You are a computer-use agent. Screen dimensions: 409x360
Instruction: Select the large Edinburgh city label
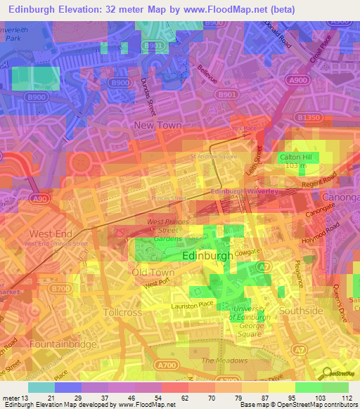coord(207,257)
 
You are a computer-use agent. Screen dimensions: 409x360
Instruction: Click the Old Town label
coord(153,272)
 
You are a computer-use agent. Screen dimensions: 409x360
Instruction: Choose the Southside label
coord(300,310)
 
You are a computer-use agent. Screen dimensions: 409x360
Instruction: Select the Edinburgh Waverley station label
coord(245,192)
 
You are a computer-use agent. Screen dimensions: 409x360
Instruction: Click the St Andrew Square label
coord(214,157)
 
